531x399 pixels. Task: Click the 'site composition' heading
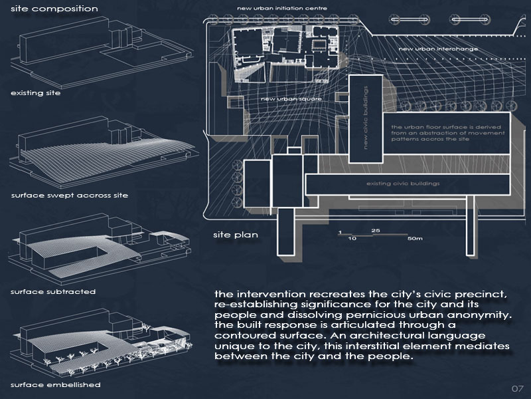coord(54,9)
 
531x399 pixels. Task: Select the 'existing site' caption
coord(35,92)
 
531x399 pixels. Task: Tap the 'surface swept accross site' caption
coord(69,196)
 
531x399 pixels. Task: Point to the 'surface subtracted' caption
coord(53,291)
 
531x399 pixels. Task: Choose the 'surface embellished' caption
coord(55,385)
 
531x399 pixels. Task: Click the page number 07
coord(518,388)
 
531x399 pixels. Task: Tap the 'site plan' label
coord(235,235)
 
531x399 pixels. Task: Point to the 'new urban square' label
coord(286,99)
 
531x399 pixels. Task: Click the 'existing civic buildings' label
coord(403,184)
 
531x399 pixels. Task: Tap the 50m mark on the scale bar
coord(416,238)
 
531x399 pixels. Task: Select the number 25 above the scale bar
coord(376,230)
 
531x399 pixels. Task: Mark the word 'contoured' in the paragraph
coord(248,336)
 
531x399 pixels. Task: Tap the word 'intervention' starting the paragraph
coord(267,294)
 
